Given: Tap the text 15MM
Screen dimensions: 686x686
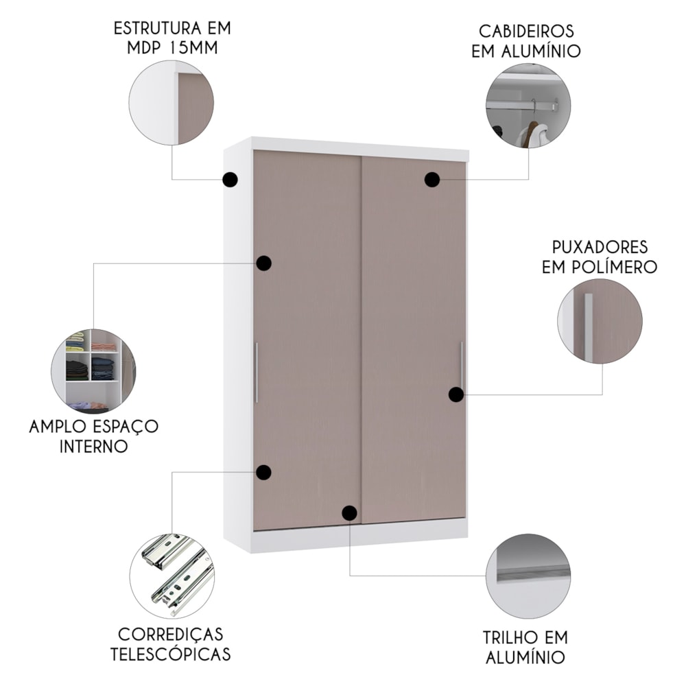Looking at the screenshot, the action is [194, 48].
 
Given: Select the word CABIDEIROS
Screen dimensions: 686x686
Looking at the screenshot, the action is [526, 32].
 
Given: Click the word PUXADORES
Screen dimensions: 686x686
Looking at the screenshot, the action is [600, 247].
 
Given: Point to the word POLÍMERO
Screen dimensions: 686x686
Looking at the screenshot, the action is [622, 267].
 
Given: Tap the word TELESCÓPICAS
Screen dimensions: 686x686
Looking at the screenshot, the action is [170, 654].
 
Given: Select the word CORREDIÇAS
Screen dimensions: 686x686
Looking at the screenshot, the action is [171, 635].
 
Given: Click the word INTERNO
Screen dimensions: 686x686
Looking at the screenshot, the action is [93, 447].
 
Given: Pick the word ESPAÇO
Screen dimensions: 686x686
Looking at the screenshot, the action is [126, 427].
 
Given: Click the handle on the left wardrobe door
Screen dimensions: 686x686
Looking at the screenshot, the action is [257, 372].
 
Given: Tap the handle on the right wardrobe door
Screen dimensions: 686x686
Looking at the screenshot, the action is [461, 366].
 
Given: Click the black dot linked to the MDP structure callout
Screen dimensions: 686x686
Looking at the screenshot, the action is [230, 179].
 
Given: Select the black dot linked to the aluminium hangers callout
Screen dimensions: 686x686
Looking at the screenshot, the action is [431, 179].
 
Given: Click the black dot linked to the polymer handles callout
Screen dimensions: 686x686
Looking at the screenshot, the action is [456, 394].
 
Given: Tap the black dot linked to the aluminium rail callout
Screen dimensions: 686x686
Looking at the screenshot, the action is [350, 512].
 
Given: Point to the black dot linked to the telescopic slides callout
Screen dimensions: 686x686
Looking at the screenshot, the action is [264, 473].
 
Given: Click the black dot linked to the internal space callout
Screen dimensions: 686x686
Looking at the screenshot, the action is [264, 263].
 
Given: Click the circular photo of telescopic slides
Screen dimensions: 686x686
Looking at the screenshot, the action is [172, 576].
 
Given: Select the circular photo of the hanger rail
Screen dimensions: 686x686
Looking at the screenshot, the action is [528, 105].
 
